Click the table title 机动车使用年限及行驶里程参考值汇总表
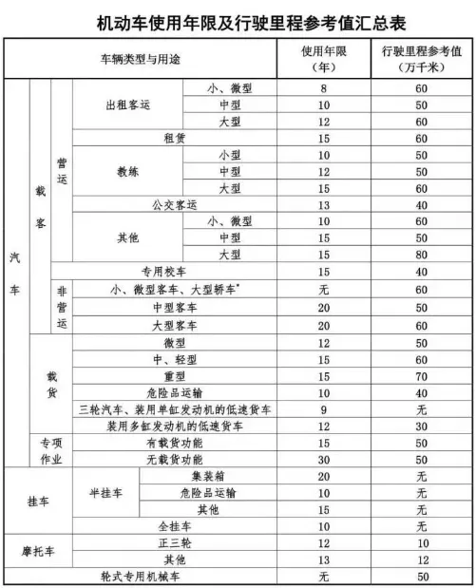click(238, 19)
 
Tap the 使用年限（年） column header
click(324, 59)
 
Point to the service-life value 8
click(324, 87)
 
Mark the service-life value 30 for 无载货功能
click(324, 460)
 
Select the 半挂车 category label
click(107, 493)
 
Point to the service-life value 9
click(324, 409)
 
